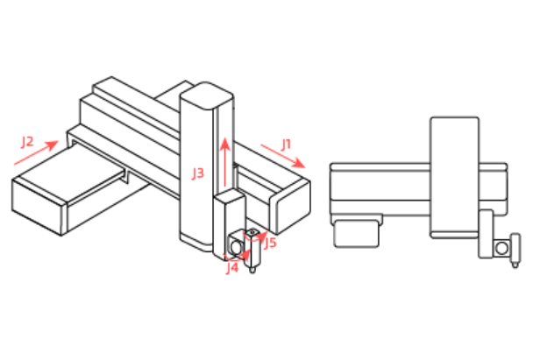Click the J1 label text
(286, 145)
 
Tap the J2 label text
(27, 141)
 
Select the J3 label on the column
(198, 173)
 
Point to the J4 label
(232, 268)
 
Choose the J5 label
(270, 243)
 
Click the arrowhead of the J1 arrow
(300, 163)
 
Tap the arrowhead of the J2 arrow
(52, 145)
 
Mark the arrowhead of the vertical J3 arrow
(225, 145)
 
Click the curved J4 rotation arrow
(238, 256)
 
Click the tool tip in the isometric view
(252, 270)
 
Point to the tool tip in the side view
(515, 265)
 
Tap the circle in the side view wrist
(502, 249)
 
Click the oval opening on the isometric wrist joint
(236, 246)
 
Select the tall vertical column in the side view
(455, 177)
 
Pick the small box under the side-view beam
(356, 234)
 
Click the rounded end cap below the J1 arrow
(291, 208)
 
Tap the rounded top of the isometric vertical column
(206, 95)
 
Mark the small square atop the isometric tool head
(252, 232)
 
